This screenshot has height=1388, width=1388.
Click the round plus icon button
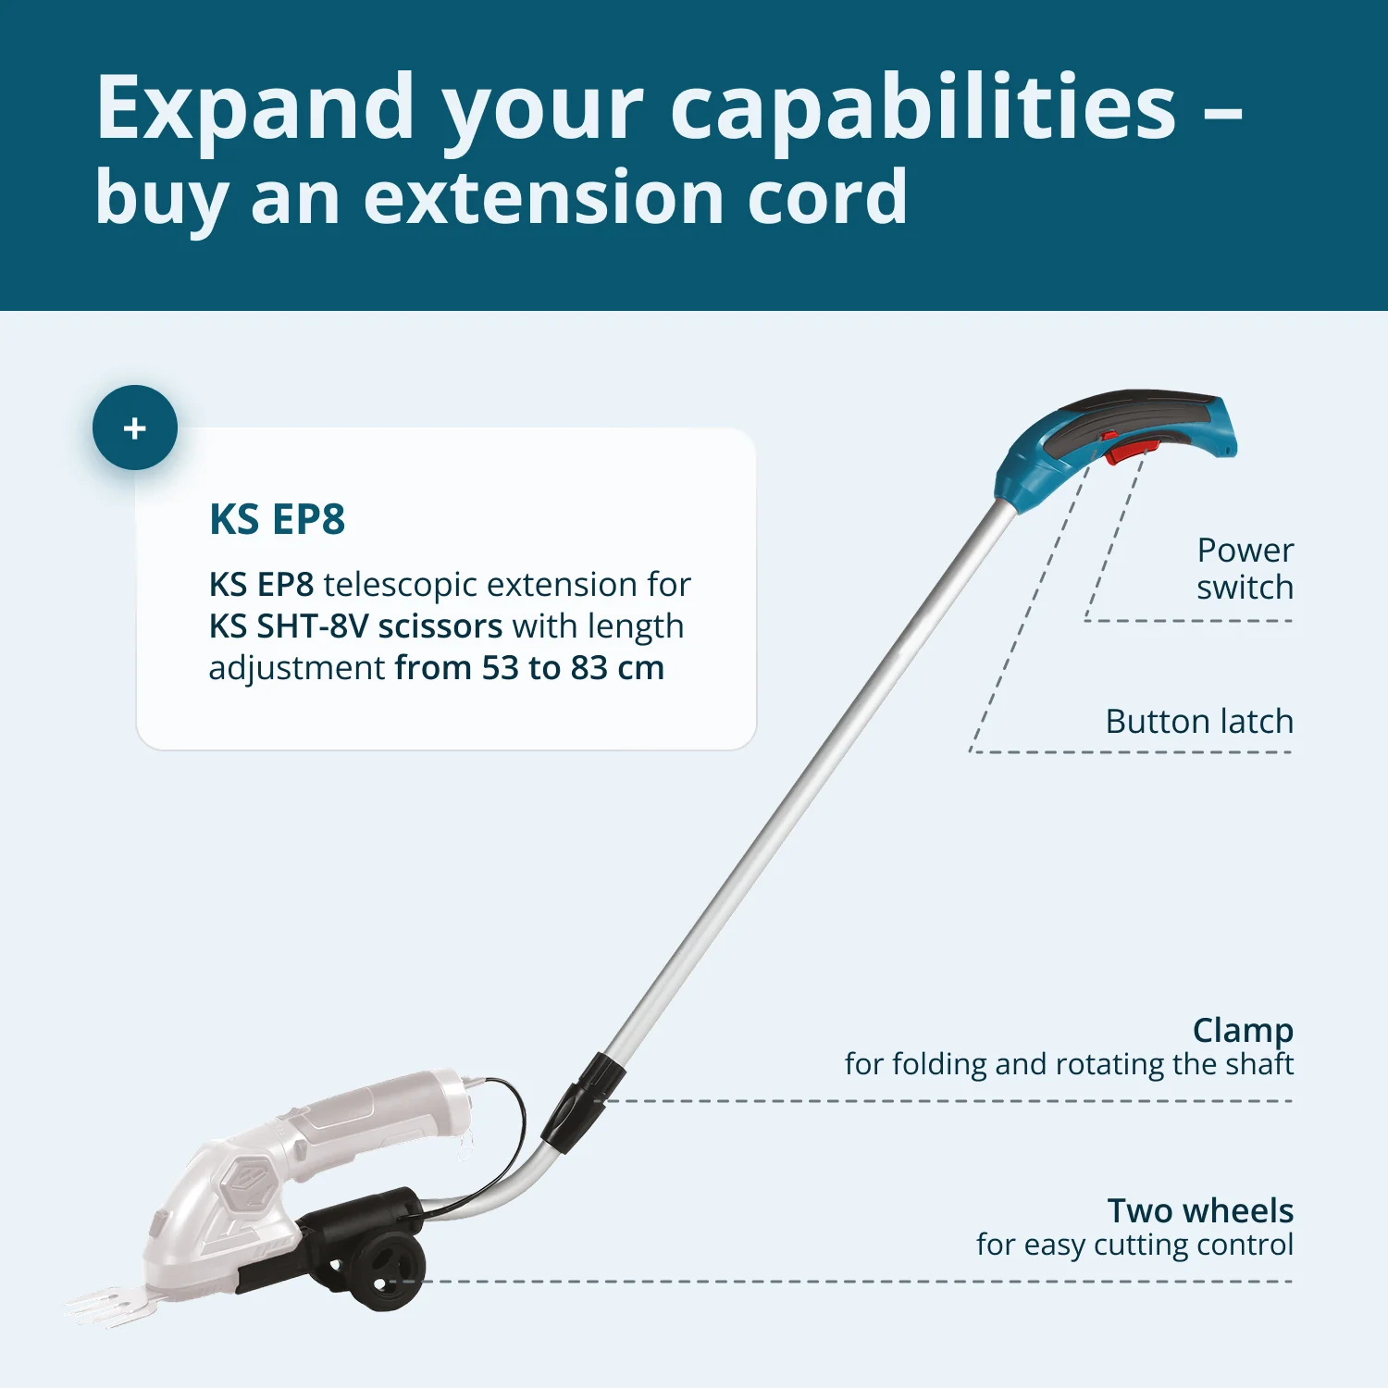pos(135,428)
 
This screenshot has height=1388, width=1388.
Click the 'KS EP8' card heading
pos(277,519)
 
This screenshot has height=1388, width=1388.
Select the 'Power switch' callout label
pos(1245,568)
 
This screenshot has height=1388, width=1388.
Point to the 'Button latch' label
pos(1199,721)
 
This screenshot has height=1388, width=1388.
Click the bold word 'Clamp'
pos(1243,1029)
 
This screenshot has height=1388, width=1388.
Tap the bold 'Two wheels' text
pos(1200,1210)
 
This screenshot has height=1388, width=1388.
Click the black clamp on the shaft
pos(583,1101)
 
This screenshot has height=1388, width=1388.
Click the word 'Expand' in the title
pos(255,108)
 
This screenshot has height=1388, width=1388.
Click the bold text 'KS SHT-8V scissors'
pos(355,626)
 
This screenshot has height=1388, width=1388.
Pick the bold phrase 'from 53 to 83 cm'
pos(529,668)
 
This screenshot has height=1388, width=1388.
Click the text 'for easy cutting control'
pos(1134,1245)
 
